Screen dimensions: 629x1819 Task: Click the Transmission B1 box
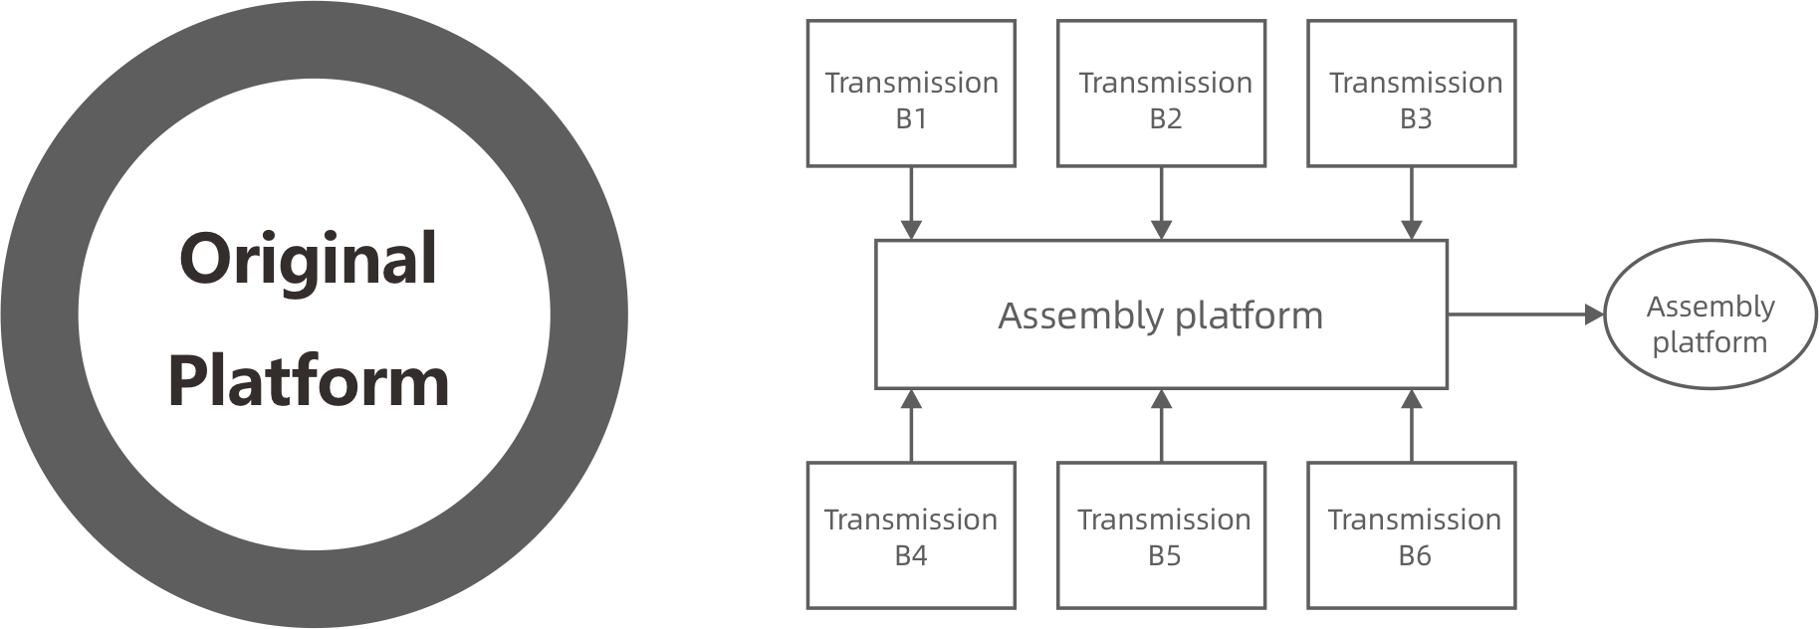[x=910, y=93]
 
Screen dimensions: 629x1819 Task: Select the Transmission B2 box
[x=1161, y=93]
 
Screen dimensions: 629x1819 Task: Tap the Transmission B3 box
[x=1411, y=93]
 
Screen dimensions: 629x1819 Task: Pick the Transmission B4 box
[x=910, y=534]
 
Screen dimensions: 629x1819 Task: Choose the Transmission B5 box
[x=1161, y=534]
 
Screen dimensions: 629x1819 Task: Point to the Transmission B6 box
[x=1411, y=534]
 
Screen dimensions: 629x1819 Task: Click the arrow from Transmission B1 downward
[x=911, y=203]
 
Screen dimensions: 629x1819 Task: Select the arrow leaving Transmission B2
[x=1161, y=203]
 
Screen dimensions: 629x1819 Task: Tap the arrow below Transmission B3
[x=1411, y=203]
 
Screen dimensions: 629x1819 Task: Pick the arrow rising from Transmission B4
[x=911, y=425]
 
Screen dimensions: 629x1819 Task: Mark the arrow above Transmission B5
[x=1161, y=425]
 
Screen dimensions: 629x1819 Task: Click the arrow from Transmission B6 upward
[x=1411, y=425]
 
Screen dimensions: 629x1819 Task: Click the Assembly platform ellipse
[x=1710, y=314]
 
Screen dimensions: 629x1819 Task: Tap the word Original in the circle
[x=309, y=259]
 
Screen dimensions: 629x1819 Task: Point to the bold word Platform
[x=309, y=380]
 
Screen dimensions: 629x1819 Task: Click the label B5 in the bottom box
[x=1163, y=555]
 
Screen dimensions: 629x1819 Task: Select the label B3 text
[x=1415, y=118]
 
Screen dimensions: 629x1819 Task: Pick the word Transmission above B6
[x=1414, y=520]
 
